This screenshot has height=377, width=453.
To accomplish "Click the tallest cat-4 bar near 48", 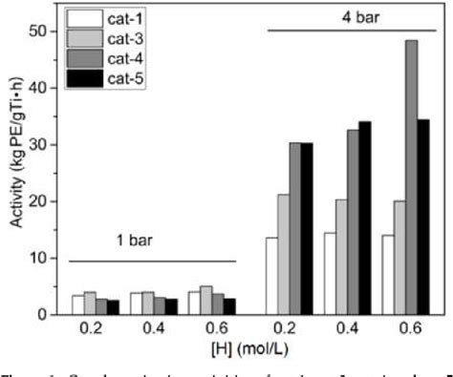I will [x=411, y=178].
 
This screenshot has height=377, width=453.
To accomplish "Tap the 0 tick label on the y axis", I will [x=40, y=314].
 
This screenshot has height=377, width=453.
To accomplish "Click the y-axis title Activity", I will [x=12, y=173].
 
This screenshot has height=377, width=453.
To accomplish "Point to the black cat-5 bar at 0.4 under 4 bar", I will [x=365, y=218].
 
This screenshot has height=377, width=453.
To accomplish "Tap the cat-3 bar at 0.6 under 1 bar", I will [x=207, y=301].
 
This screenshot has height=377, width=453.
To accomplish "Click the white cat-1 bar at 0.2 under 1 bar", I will [x=77, y=304].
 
